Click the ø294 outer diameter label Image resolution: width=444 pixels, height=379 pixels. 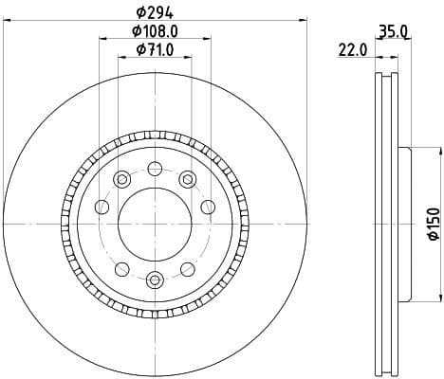[x=155, y=12]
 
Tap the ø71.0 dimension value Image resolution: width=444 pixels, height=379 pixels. [x=155, y=49]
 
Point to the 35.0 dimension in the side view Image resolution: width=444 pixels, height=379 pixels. [x=394, y=31]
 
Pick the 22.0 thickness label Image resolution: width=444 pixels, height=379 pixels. [x=353, y=50]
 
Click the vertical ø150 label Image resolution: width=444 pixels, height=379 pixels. [x=430, y=223]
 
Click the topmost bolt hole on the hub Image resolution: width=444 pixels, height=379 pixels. [x=155, y=168]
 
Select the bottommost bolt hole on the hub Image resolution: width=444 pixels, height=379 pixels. [x=155, y=278]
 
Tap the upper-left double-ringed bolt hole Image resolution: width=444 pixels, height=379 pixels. [x=120, y=180]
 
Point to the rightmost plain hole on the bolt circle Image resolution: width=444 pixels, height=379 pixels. [x=208, y=207]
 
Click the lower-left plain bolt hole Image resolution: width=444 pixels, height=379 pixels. [x=121, y=266]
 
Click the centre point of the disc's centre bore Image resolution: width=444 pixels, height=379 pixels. [x=155, y=223]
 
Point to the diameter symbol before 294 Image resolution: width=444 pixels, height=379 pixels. [x=139, y=12]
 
